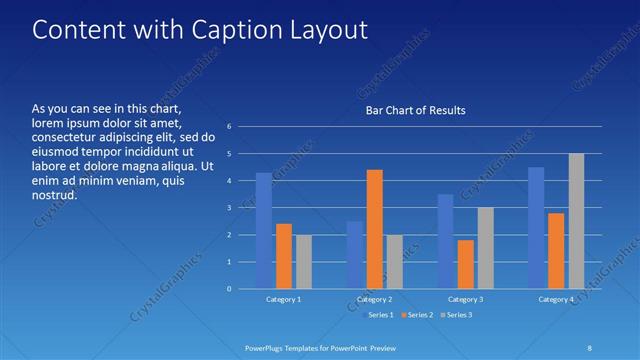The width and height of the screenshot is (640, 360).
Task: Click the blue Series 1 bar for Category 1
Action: (x=263, y=231)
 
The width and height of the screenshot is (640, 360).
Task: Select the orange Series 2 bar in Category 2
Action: (x=375, y=229)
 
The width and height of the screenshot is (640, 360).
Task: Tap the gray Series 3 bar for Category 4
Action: (x=576, y=221)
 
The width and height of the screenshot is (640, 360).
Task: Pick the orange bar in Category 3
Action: (x=466, y=264)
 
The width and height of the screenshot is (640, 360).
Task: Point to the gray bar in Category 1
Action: (x=303, y=262)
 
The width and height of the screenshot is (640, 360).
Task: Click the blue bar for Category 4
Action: (x=536, y=228)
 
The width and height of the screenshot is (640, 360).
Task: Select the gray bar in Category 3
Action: (x=485, y=248)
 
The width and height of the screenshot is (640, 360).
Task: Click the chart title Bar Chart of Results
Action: (x=415, y=111)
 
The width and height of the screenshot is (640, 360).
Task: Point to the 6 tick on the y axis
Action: (x=229, y=127)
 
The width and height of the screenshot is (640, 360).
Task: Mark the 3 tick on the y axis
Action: (x=229, y=208)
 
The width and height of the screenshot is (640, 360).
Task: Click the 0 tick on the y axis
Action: (x=229, y=289)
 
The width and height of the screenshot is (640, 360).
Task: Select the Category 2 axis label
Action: (x=374, y=299)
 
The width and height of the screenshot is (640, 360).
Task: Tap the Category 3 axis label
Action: (x=465, y=299)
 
